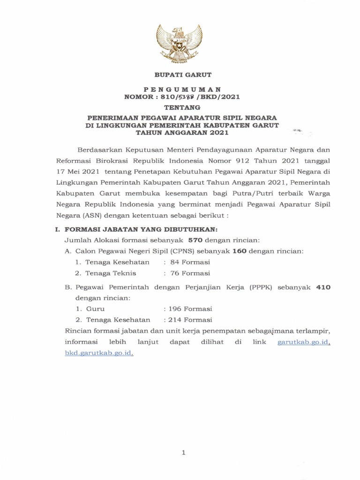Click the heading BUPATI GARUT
[180, 75]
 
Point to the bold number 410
[324, 287]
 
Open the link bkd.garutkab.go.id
[99, 353]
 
